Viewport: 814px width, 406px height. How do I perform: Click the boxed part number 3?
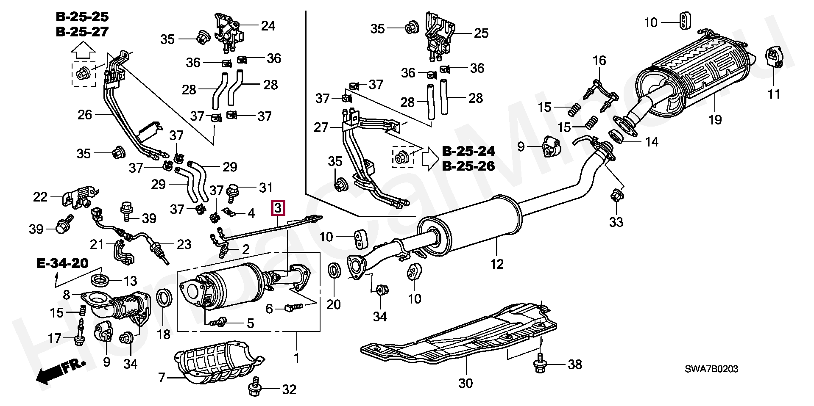[x=277, y=208]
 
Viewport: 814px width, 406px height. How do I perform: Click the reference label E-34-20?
[x=62, y=264]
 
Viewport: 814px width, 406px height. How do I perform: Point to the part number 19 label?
[x=715, y=120]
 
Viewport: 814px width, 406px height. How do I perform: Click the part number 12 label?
[x=497, y=264]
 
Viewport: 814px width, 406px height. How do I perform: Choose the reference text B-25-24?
[x=468, y=151]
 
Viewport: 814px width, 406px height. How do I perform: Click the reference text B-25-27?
[x=82, y=32]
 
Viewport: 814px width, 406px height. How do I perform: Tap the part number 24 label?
[x=268, y=26]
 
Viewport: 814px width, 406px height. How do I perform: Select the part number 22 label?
[x=40, y=197]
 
